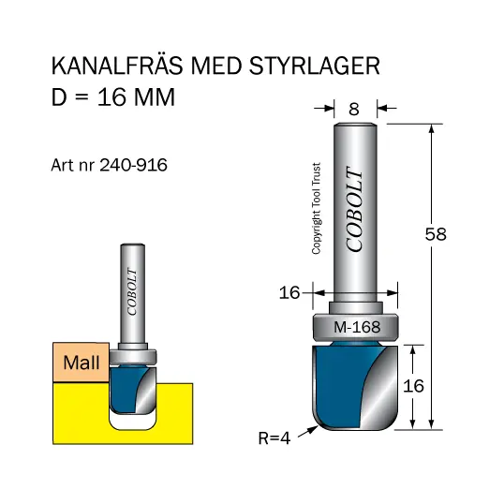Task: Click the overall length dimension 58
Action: click(x=435, y=235)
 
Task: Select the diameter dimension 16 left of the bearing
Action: click(x=289, y=293)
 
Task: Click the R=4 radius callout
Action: click(x=274, y=437)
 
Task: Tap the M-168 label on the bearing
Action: click(x=356, y=327)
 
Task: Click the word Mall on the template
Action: click(x=82, y=363)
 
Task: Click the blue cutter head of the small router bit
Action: click(x=123, y=386)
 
